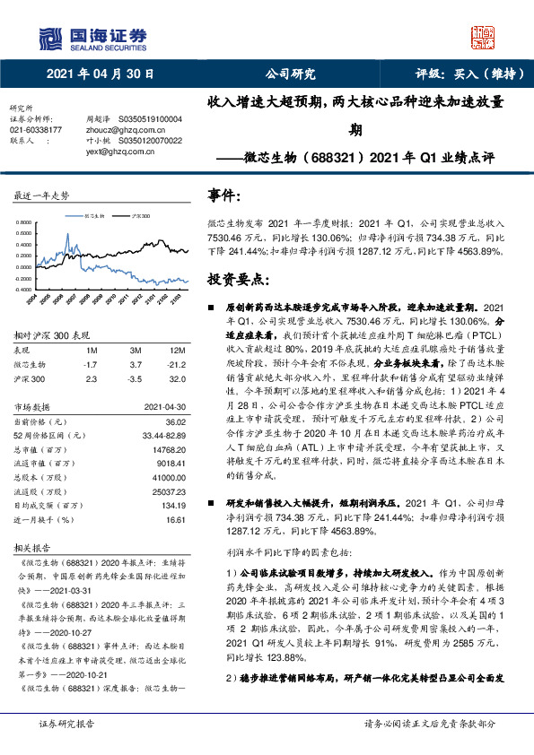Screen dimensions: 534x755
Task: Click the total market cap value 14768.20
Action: click(168, 449)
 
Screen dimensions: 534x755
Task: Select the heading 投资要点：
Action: click(234, 279)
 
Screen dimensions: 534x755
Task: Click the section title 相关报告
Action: click(31, 546)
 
